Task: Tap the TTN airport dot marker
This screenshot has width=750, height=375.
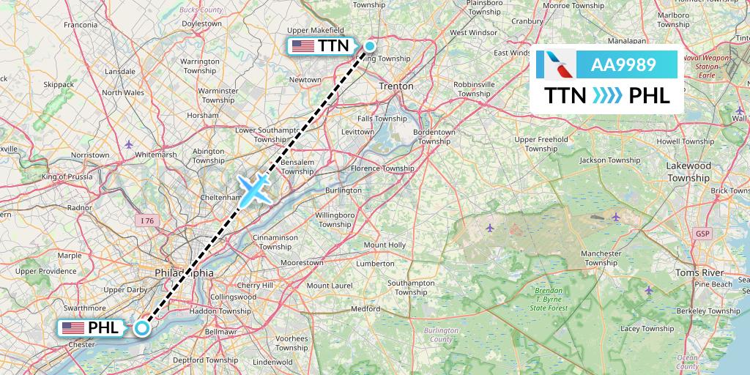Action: pyautogui.click(x=370, y=46)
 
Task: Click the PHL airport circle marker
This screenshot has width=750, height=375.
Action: pyautogui.click(x=142, y=328)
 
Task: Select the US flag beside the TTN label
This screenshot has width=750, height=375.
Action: pyautogui.click(x=303, y=46)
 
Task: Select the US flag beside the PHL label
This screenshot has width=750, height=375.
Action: pyautogui.click(x=74, y=327)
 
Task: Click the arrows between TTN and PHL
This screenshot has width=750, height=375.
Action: pyautogui.click(x=607, y=96)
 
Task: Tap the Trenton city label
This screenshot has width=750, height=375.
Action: pyautogui.click(x=396, y=86)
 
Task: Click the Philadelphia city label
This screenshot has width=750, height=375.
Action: pyautogui.click(x=185, y=272)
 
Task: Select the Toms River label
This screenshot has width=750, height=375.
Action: pyautogui.click(x=699, y=272)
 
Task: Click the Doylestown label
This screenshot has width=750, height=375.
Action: pyautogui.click(x=201, y=23)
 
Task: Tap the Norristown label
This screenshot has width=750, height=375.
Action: pyautogui.click(x=90, y=155)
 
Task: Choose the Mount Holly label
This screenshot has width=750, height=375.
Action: pyautogui.click(x=385, y=245)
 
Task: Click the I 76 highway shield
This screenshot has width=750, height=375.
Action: pyautogui.click(x=144, y=219)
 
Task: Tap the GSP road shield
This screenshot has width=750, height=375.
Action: pyautogui.click(x=703, y=234)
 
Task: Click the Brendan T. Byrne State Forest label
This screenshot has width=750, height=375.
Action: pyautogui.click(x=549, y=300)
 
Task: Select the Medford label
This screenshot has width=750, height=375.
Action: pyautogui.click(x=365, y=309)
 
